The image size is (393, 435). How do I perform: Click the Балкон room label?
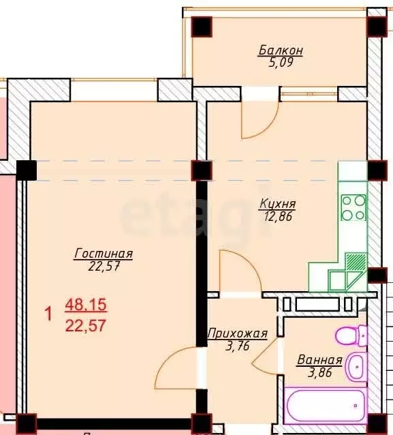pos(280,50)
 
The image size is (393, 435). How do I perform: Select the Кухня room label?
pos(277,203)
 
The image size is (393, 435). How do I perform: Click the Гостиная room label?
pos(104,254)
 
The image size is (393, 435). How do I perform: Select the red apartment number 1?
pos(48,315)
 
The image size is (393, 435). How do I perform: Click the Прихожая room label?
pos(237,333)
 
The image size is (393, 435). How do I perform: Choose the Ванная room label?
pos(319,361)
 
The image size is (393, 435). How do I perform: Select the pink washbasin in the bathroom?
pos(355,368)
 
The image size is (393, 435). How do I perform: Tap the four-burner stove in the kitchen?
pos(353,207)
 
